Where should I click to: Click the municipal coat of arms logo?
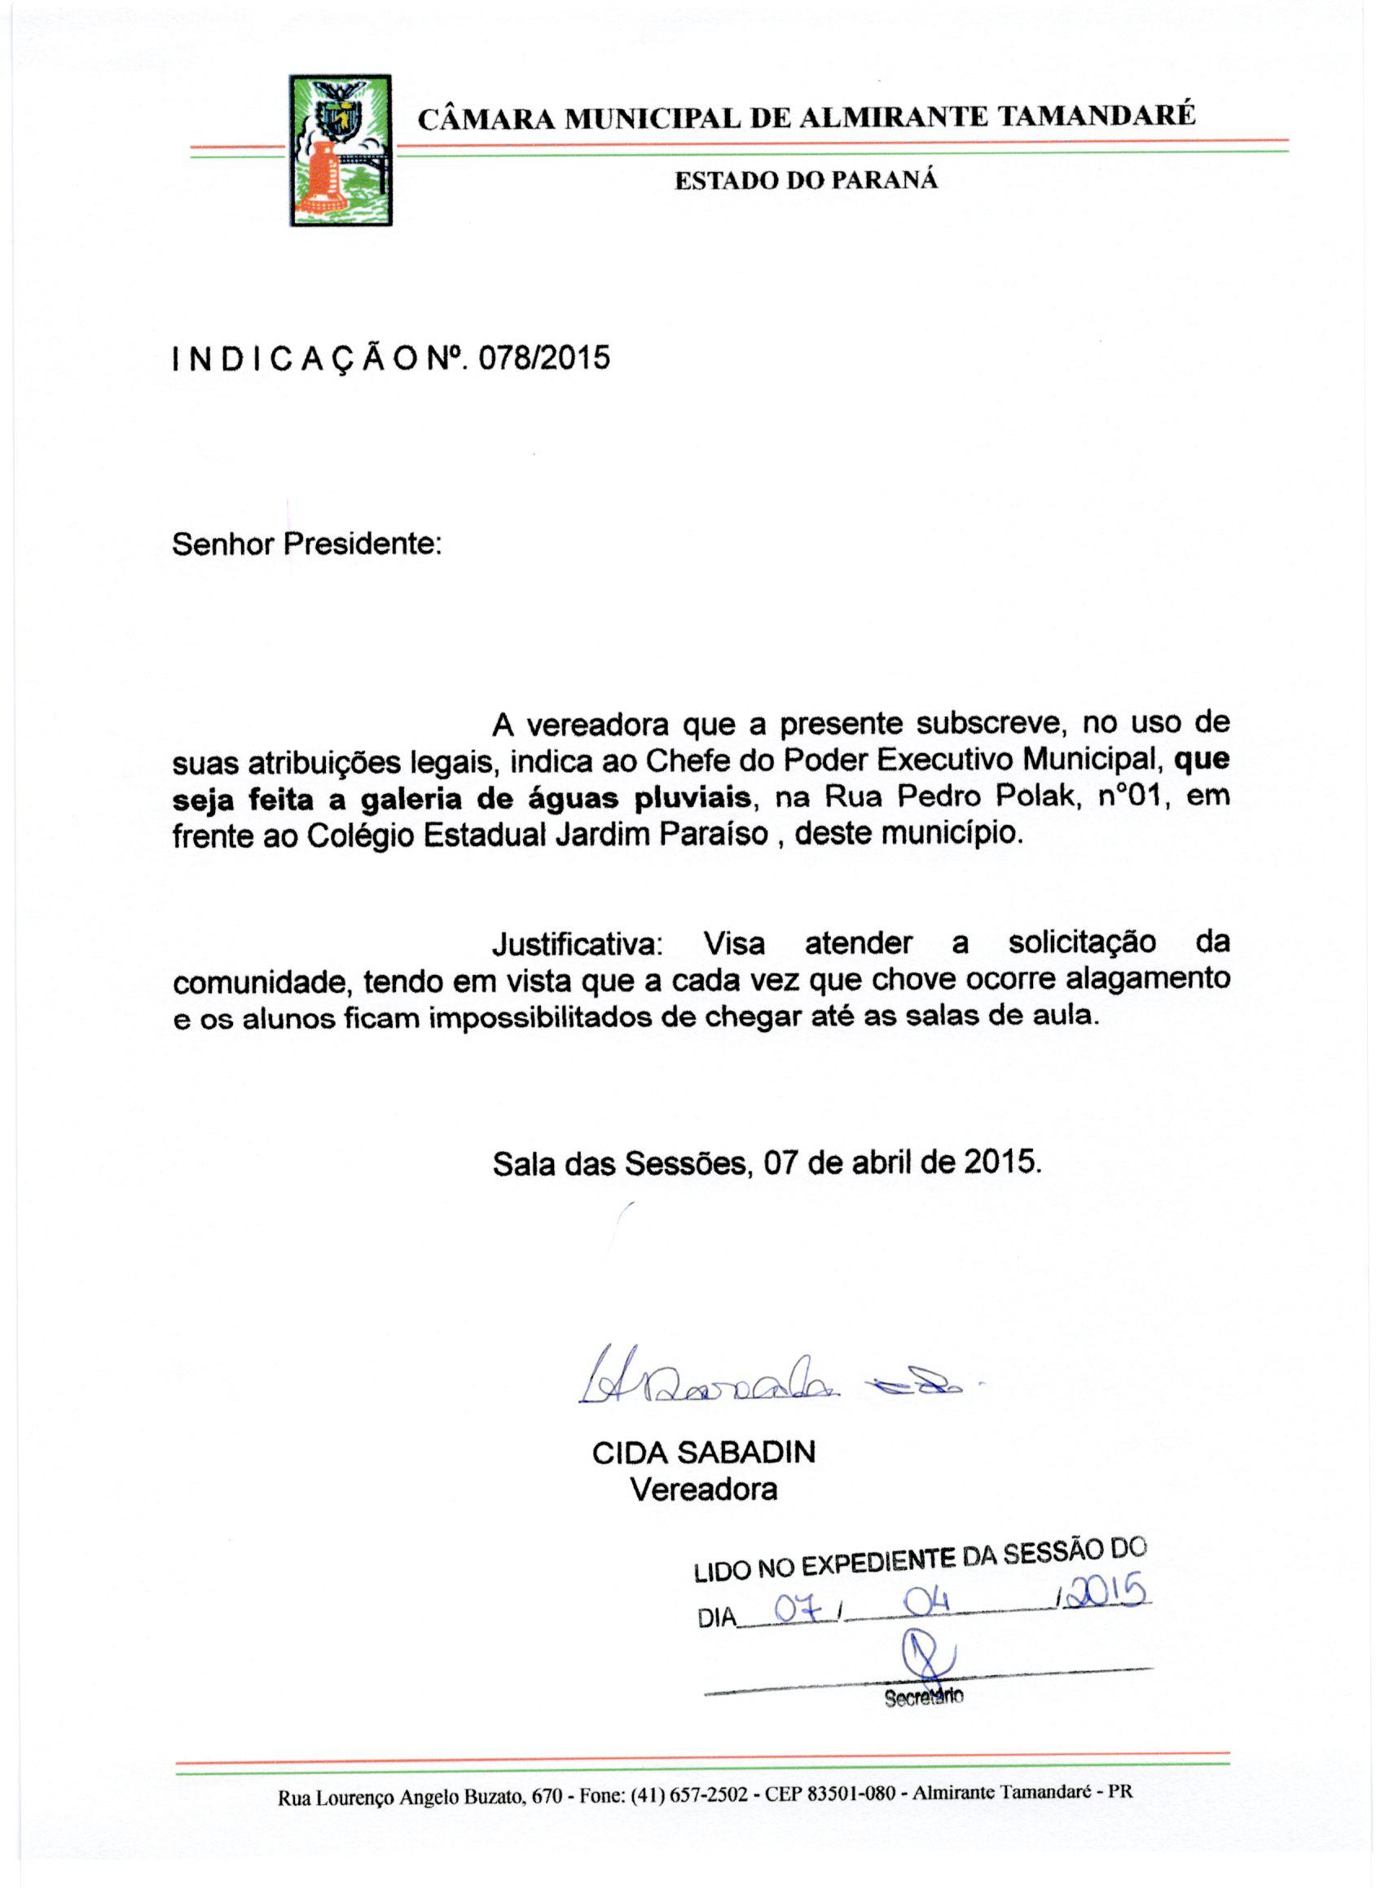point(341,150)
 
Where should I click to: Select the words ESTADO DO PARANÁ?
point(806,180)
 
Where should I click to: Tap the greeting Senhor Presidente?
point(306,545)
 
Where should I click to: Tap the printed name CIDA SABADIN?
point(703,1453)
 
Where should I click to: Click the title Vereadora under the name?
point(703,1489)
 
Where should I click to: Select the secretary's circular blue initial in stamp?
point(926,1653)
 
